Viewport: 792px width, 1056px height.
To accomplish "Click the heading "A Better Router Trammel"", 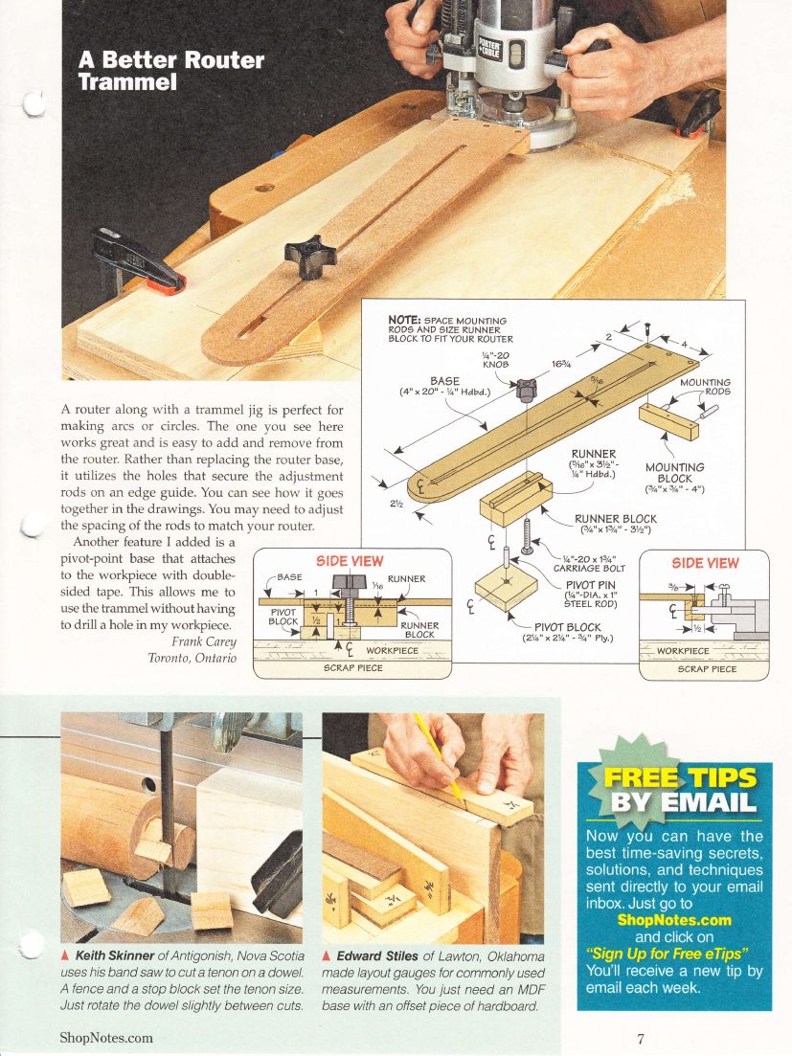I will [x=170, y=71].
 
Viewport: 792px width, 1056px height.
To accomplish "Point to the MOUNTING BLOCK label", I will [x=674, y=473].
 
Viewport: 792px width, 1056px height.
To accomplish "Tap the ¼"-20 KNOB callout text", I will [x=495, y=359].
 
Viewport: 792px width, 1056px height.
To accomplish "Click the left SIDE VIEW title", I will [x=350, y=561].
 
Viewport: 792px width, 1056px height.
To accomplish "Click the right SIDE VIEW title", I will [x=705, y=563].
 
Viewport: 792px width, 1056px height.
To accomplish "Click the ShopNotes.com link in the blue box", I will [x=674, y=920].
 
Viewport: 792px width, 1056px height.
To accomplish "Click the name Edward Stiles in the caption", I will [x=375, y=955].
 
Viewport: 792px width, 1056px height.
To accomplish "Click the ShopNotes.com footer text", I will [x=105, y=1037].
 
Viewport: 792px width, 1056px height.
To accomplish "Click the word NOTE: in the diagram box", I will [x=404, y=320].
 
